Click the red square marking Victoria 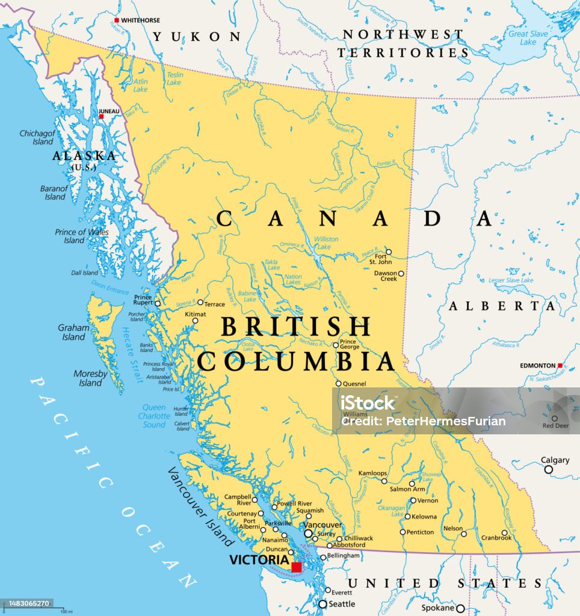point(296,567)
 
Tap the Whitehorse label point(140,20)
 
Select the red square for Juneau point(102,117)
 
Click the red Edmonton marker point(560,365)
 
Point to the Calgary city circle point(549,469)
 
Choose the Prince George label point(350,344)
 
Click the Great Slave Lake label point(528,38)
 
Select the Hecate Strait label point(132,354)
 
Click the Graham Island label point(73,332)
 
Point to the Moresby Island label point(90,378)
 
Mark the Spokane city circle point(460,608)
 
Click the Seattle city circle point(323,604)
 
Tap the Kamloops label point(372,473)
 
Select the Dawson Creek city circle point(401,274)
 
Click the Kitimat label point(196,314)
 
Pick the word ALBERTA point(502,306)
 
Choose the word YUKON point(196,37)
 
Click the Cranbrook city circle point(505,532)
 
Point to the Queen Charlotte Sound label point(154,416)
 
